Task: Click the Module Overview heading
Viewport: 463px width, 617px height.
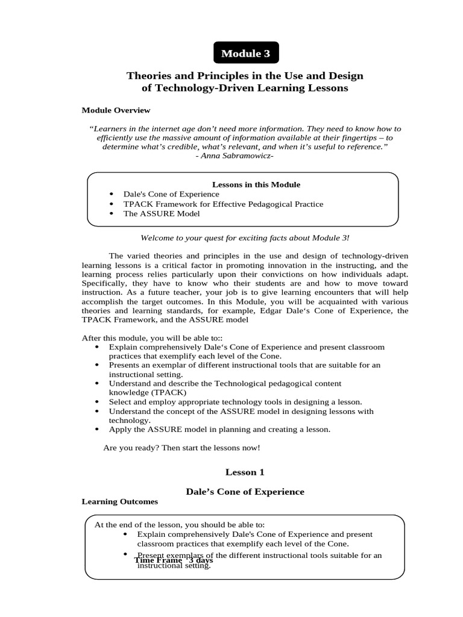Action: click(x=116, y=110)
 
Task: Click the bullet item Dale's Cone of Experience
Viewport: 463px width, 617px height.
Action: click(x=171, y=194)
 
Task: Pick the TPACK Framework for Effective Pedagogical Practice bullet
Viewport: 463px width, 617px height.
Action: click(x=223, y=204)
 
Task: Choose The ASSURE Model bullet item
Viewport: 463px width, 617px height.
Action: click(x=162, y=213)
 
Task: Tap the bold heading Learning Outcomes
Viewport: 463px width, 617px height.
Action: click(x=119, y=501)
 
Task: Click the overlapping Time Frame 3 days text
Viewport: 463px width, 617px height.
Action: click(x=173, y=560)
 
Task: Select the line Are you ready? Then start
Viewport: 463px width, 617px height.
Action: click(x=182, y=448)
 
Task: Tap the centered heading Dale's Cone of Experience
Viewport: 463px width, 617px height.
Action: click(x=244, y=492)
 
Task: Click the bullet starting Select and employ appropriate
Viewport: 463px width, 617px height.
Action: click(x=235, y=401)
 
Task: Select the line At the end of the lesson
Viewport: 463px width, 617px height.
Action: click(x=179, y=524)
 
